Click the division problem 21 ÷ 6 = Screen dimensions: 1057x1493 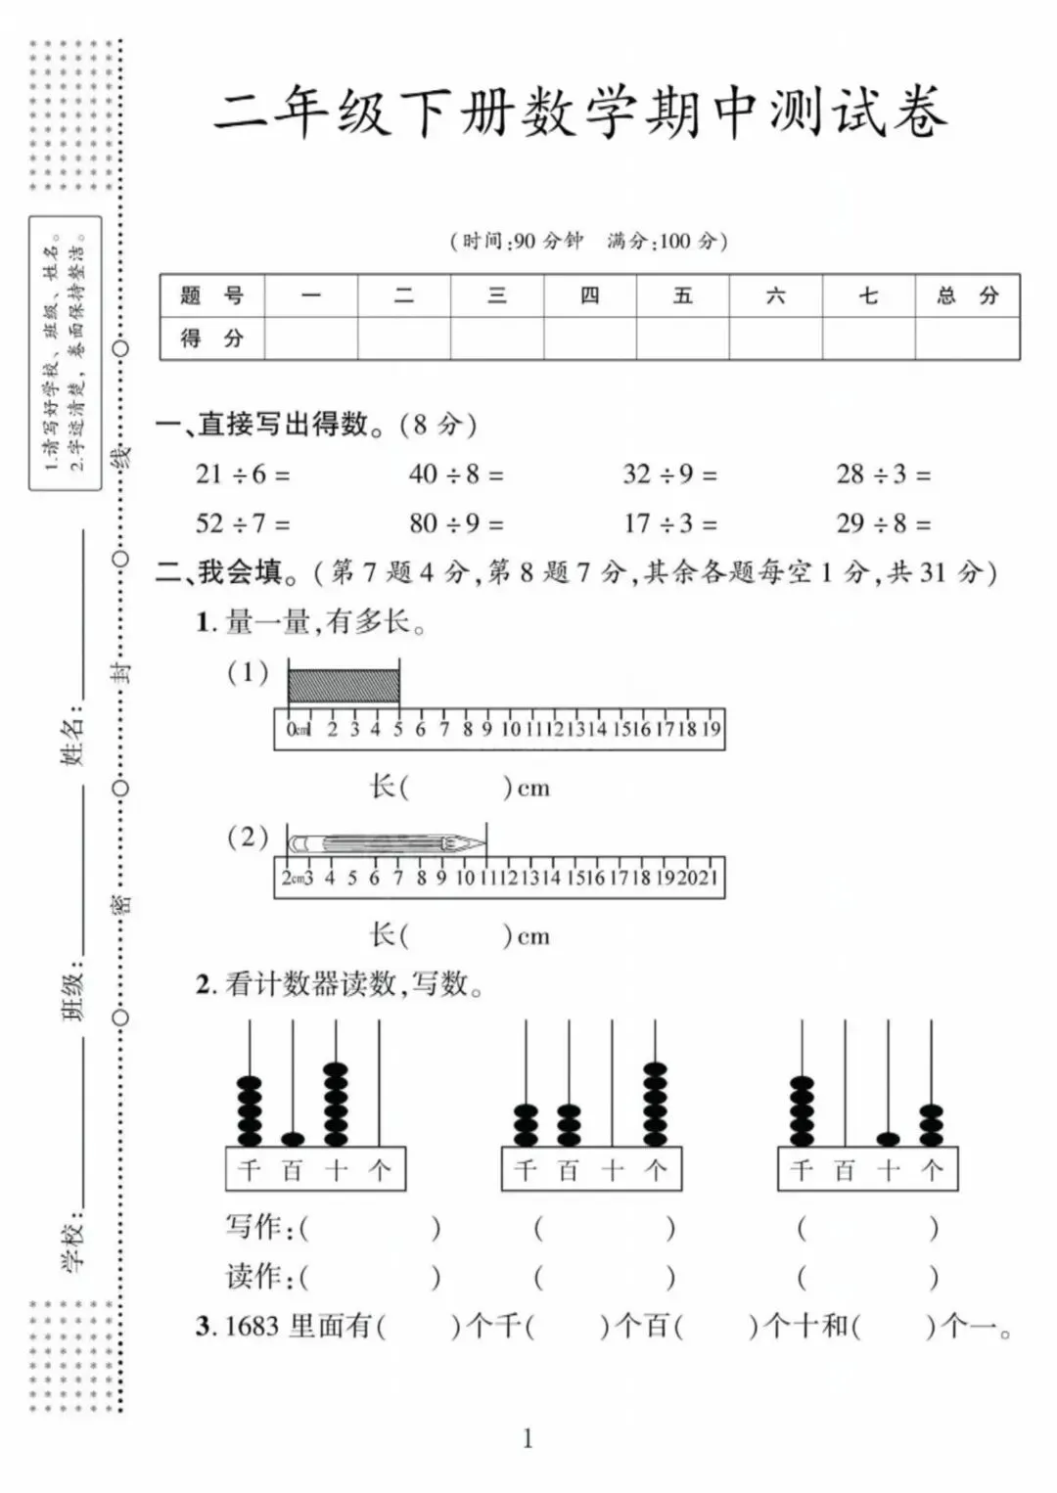click(243, 475)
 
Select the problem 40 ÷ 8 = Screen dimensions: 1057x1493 click(456, 475)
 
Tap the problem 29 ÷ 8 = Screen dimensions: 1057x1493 click(883, 523)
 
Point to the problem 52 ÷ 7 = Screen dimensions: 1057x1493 click(243, 523)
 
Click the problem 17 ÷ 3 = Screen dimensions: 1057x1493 click(670, 523)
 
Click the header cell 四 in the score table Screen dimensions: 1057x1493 click(589, 295)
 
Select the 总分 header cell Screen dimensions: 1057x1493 click(967, 295)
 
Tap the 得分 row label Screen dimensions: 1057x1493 click(211, 339)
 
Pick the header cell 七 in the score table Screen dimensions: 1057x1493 click(868, 295)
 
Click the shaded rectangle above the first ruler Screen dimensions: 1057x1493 click(344, 686)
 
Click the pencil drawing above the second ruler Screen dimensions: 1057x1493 click(388, 843)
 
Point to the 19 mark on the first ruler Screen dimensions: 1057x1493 click(712, 729)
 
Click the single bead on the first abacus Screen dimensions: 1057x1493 click(293, 1139)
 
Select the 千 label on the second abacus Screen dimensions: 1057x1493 click(526, 1170)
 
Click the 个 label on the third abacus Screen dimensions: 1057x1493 click(932, 1170)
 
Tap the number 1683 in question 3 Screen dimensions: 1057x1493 click(253, 1327)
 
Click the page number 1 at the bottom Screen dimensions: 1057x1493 click(528, 1438)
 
